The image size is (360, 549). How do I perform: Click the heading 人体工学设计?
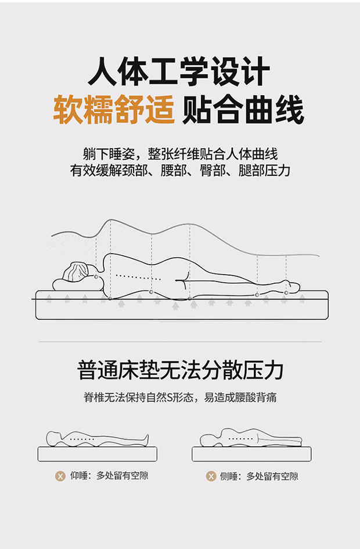(x=179, y=71)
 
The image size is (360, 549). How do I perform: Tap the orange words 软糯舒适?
(x=114, y=110)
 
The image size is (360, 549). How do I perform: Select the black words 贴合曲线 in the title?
(x=243, y=110)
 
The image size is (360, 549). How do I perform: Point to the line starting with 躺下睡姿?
(x=180, y=154)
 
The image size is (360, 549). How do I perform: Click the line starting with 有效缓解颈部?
(x=180, y=171)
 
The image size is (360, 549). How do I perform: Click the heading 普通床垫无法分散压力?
(x=180, y=370)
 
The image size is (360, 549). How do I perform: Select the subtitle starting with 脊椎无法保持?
(x=180, y=398)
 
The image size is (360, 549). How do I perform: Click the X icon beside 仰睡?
(x=60, y=476)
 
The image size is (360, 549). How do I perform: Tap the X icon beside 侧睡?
(x=211, y=476)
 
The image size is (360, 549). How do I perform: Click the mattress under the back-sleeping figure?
(x=98, y=454)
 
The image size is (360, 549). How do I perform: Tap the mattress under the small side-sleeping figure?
(x=251, y=454)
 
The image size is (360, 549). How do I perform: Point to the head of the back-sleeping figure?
(x=53, y=438)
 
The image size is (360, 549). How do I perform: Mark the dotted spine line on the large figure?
(x=138, y=277)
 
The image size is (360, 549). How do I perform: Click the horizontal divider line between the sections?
(x=180, y=341)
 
